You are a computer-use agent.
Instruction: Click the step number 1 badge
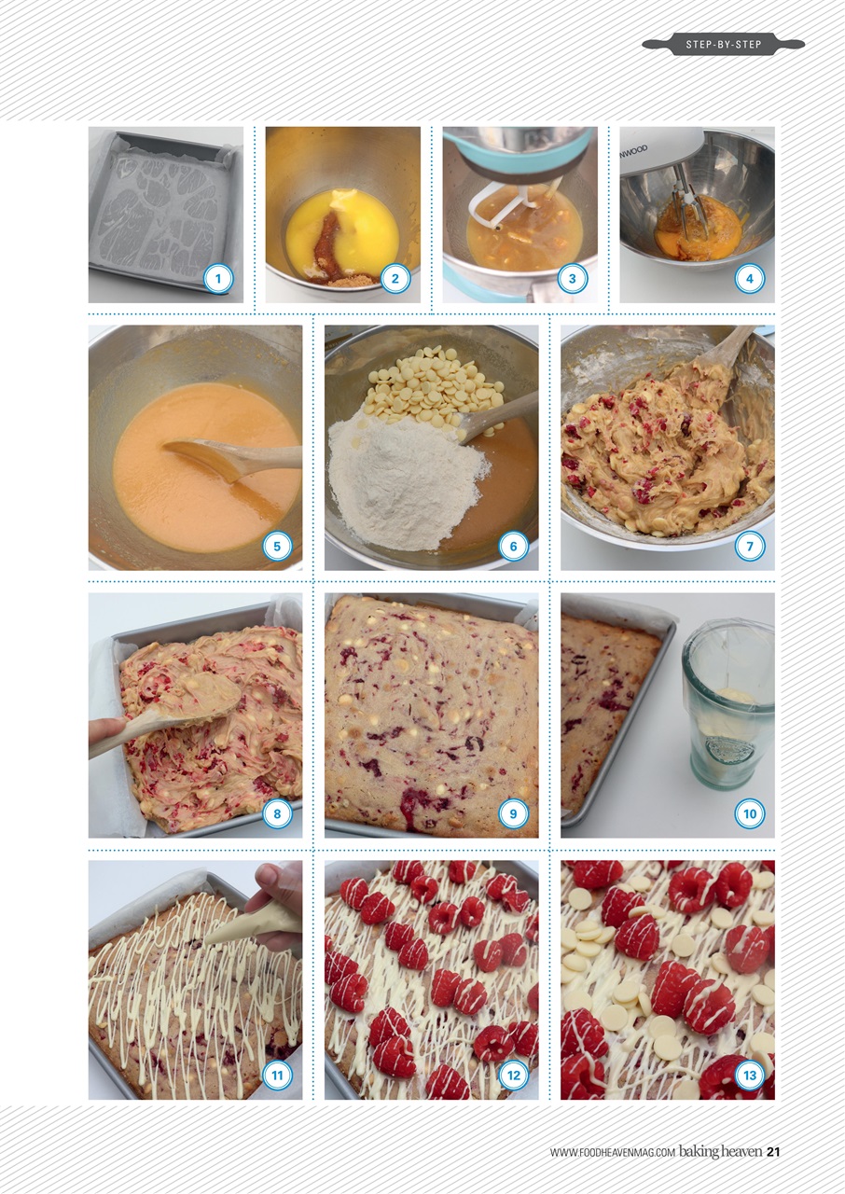pos(217,278)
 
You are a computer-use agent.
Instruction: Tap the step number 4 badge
pos(749,278)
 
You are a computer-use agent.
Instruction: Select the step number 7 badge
pos(749,546)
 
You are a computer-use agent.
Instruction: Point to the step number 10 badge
pos(749,813)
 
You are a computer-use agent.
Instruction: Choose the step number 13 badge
pos(749,1076)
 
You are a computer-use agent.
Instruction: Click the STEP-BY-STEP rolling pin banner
pos(723,44)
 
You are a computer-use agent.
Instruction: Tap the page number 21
pos(773,1152)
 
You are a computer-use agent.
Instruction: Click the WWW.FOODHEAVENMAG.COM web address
pos(612,1153)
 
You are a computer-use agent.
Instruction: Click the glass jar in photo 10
pos(727,704)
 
